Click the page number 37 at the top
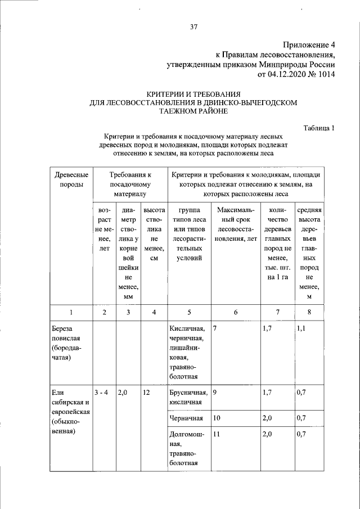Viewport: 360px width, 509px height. click(x=194, y=26)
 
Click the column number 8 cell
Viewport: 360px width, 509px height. click(x=309, y=312)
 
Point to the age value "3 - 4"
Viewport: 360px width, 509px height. click(x=103, y=393)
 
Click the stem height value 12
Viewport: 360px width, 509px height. click(x=147, y=393)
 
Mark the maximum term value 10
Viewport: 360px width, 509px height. click(x=217, y=418)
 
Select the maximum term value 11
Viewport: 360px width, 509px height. click(x=217, y=435)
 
